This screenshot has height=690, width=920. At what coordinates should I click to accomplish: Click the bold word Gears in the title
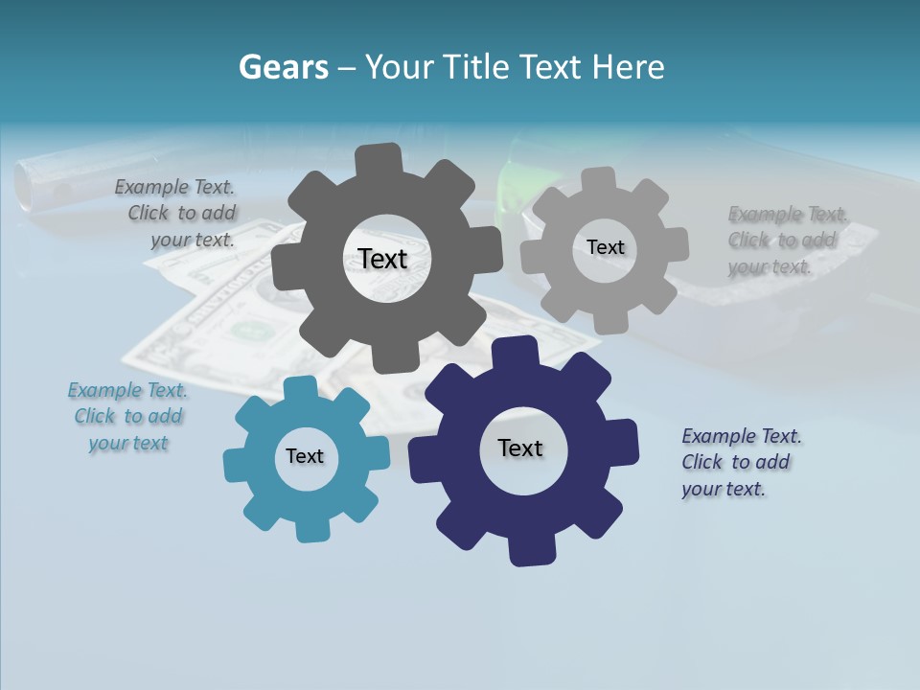pos(283,67)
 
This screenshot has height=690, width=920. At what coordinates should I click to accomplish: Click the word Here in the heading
pos(628,67)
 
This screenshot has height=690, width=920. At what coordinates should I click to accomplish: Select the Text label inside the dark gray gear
pos(382,259)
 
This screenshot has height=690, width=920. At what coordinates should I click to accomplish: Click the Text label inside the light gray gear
pos(605,247)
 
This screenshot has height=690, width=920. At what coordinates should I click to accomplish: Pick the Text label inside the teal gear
pos(305,456)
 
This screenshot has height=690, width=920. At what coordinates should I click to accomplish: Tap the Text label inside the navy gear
pos(520,448)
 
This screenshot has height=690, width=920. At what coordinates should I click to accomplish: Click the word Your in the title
pos(402,67)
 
